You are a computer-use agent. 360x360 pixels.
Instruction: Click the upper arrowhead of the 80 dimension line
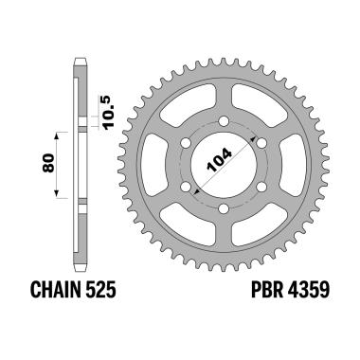pyautogui.click(x=57, y=134)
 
